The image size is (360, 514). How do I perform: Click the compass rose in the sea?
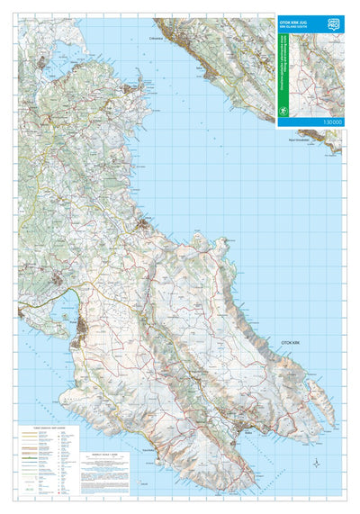click(317, 463)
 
